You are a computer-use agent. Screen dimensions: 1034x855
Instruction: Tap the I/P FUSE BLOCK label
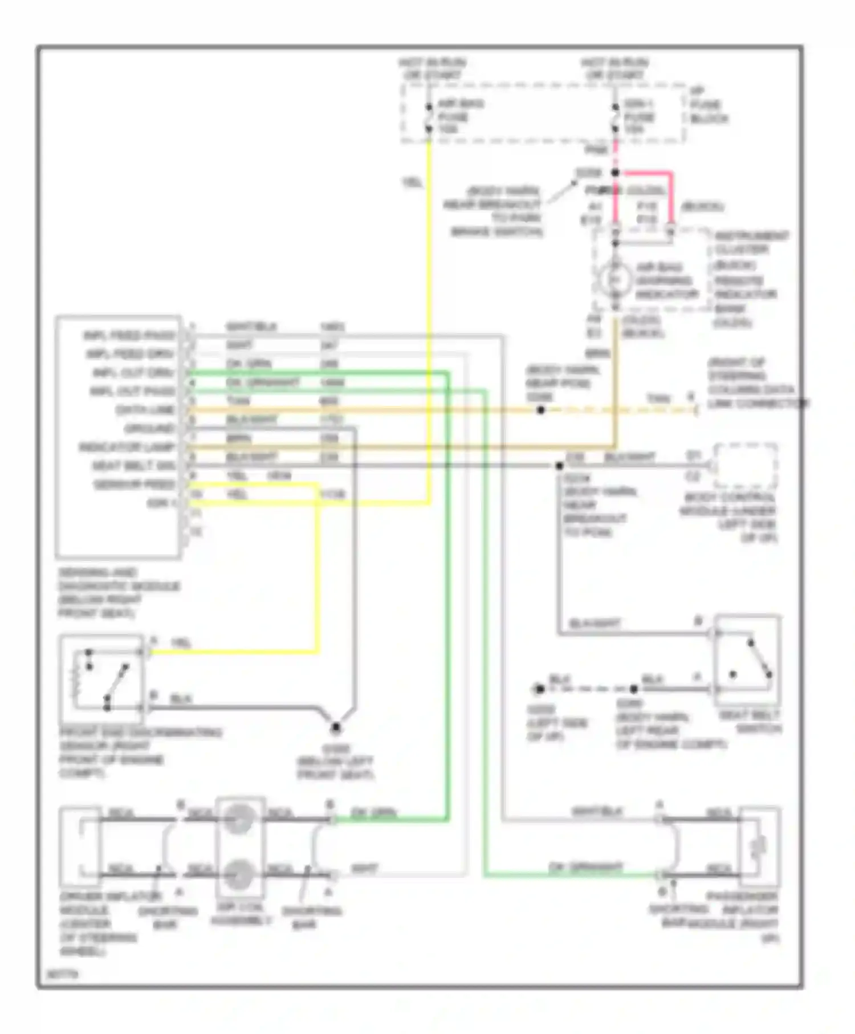coord(709,105)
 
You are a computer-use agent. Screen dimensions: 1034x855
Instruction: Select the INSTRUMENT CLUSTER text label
coord(751,243)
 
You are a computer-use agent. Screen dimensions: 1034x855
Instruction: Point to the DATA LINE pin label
coord(145,410)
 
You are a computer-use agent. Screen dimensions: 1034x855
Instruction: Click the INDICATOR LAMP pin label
coord(127,447)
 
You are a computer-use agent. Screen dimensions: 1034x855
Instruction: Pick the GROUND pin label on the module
coord(149,429)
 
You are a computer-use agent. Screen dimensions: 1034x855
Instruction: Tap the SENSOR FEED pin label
coord(135,485)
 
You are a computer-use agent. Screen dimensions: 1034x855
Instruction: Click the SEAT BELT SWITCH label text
coord(750,722)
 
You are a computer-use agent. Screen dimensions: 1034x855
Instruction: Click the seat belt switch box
coord(747,661)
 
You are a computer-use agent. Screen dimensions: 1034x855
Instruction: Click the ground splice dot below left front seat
coord(336,727)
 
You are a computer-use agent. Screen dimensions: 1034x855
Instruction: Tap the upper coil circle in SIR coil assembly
coord(239,820)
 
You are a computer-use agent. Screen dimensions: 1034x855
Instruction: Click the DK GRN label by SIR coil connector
coord(373,813)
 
